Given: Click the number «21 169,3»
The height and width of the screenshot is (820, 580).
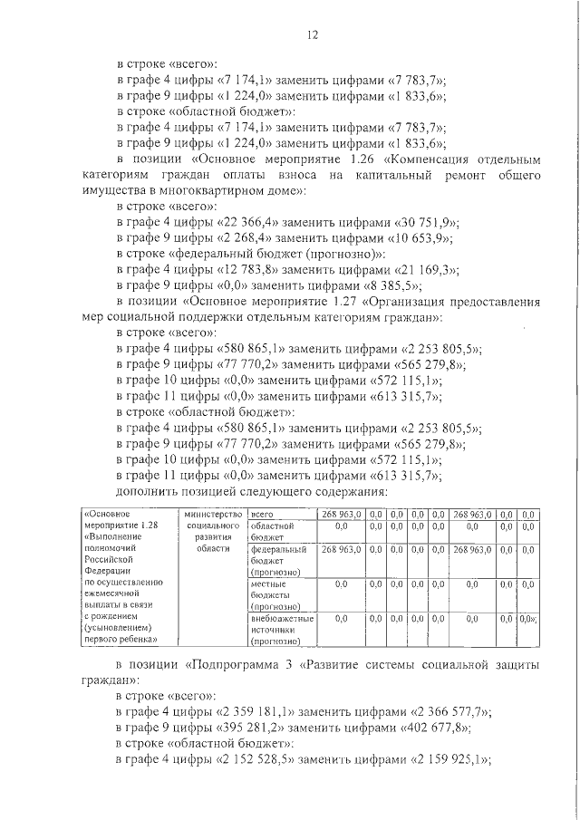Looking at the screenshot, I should point(429,270).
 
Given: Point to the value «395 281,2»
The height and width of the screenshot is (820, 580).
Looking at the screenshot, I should point(252,730).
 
